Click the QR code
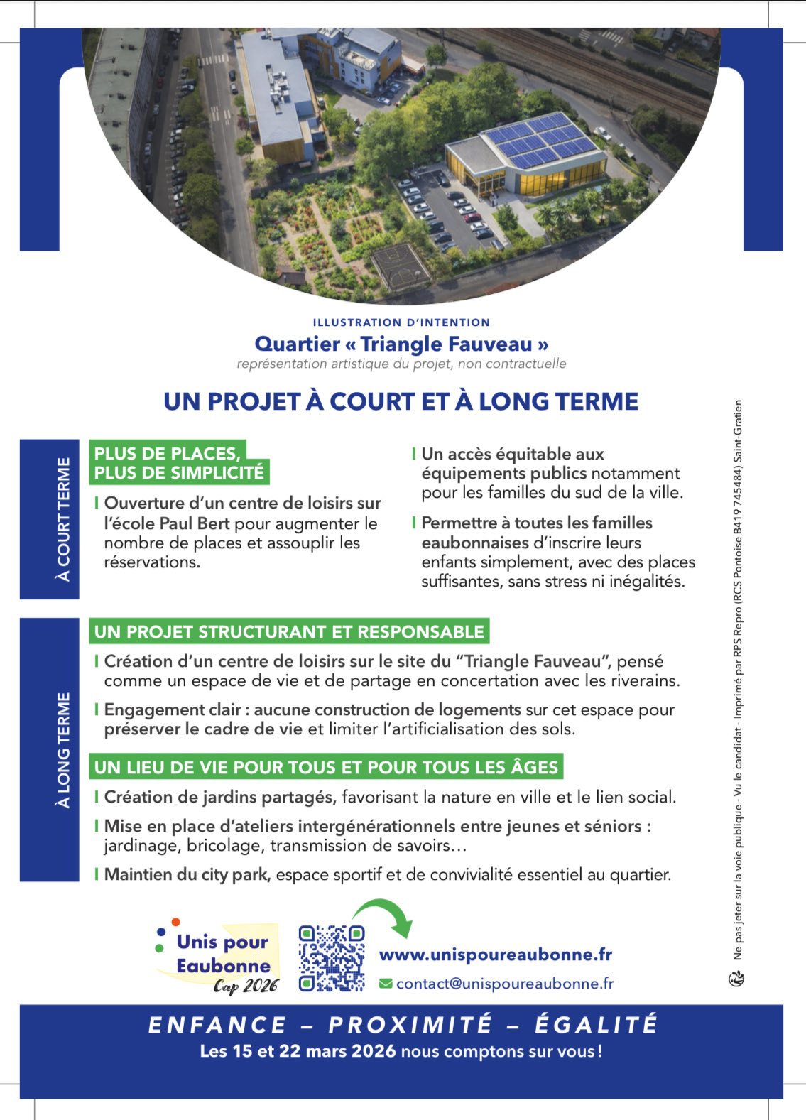click(x=332, y=958)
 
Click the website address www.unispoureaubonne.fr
click(x=495, y=955)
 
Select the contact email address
click(x=504, y=984)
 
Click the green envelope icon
click(x=386, y=984)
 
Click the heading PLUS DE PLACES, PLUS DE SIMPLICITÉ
click(x=178, y=463)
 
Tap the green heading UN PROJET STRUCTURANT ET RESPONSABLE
click(x=289, y=631)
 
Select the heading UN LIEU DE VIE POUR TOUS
click(x=326, y=767)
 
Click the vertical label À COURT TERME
click(x=64, y=519)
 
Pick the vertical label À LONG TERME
click(x=64, y=749)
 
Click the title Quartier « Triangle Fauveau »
click(x=401, y=344)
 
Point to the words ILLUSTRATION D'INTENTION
click(x=401, y=322)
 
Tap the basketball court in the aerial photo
click(x=400, y=266)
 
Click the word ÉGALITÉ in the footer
click(x=596, y=1025)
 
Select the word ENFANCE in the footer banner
click(x=217, y=1025)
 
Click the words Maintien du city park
click(x=187, y=874)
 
